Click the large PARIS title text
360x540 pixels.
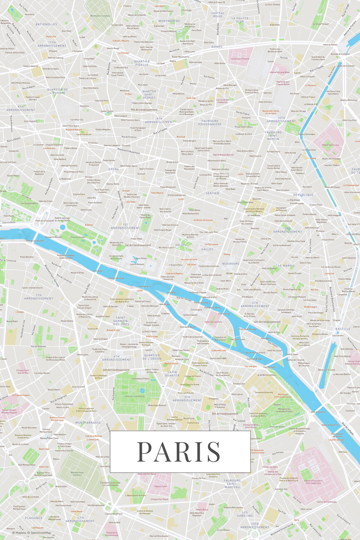coord(179,452)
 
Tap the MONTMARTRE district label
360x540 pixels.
coord(169,21)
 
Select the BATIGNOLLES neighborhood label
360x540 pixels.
coord(47,24)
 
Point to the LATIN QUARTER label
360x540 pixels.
coord(172,373)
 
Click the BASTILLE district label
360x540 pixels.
coord(343,329)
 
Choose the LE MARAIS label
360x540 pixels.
coord(286,265)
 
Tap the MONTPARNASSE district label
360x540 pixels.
coord(88,422)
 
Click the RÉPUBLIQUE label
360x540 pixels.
coord(303,194)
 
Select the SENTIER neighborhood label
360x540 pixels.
coord(212,193)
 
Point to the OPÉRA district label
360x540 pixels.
coord(114,169)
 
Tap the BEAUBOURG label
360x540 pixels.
coord(231,263)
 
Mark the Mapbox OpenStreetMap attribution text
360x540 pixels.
coord(32,533)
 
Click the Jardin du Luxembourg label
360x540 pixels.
coord(137,396)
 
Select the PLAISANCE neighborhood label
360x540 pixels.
coord(34,518)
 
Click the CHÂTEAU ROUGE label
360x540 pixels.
coord(218,15)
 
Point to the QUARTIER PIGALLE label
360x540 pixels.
coord(142,63)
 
